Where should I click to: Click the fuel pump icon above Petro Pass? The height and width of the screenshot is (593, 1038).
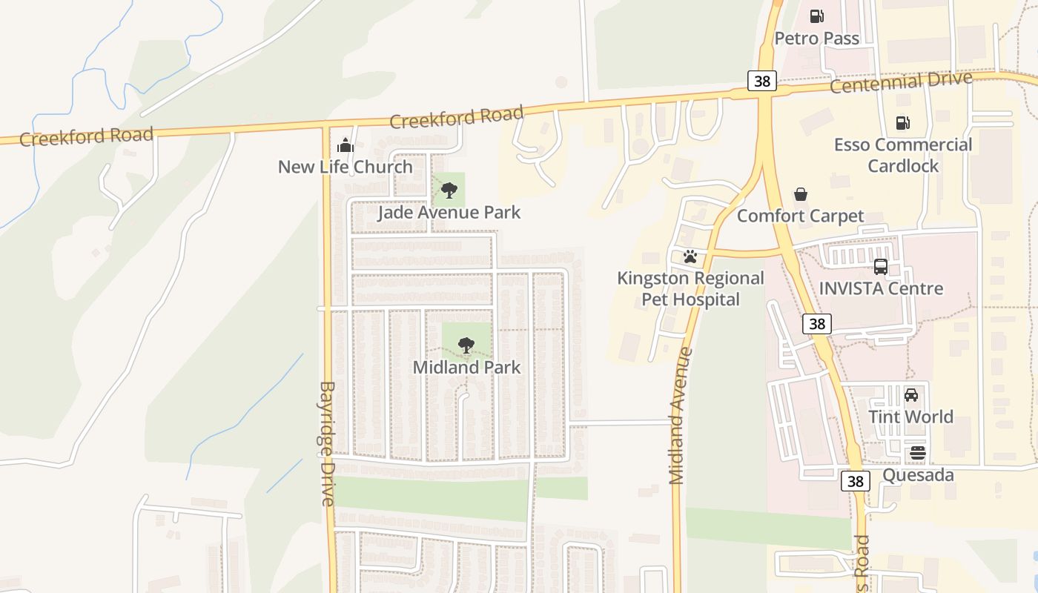pyautogui.click(x=816, y=16)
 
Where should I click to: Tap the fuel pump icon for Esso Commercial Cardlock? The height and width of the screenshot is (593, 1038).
pyautogui.click(x=902, y=123)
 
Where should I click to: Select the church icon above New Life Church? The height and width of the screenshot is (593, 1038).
pyautogui.click(x=346, y=145)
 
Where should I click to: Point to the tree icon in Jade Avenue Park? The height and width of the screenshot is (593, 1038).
pyautogui.click(x=449, y=191)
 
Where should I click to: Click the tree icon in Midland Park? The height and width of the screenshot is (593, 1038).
pyautogui.click(x=466, y=345)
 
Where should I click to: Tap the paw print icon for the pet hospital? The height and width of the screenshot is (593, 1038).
pyautogui.click(x=690, y=256)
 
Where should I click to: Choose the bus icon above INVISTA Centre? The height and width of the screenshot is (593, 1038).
pyautogui.click(x=881, y=267)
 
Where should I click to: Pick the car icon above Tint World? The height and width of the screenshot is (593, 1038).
pyautogui.click(x=911, y=395)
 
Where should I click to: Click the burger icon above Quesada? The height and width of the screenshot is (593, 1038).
pyautogui.click(x=918, y=453)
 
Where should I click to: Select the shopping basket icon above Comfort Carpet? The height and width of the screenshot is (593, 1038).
pyautogui.click(x=801, y=194)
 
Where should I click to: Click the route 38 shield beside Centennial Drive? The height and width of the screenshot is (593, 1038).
pyautogui.click(x=762, y=81)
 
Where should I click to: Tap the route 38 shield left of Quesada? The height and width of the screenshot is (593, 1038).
pyautogui.click(x=856, y=481)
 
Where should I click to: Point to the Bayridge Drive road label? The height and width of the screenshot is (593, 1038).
pyautogui.click(x=328, y=443)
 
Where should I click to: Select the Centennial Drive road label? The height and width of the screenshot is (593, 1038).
pyautogui.click(x=900, y=82)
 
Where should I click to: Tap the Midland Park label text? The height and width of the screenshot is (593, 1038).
pyautogui.click(x=466, y=367)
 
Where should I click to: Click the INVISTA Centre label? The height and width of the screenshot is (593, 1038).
pyautogui.click(x=881, y=288)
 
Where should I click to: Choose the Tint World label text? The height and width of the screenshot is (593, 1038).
pyautogui.click(x=910, y=417)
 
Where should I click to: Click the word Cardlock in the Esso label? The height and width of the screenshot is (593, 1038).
pyautogui.click(x=903, y=166)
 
